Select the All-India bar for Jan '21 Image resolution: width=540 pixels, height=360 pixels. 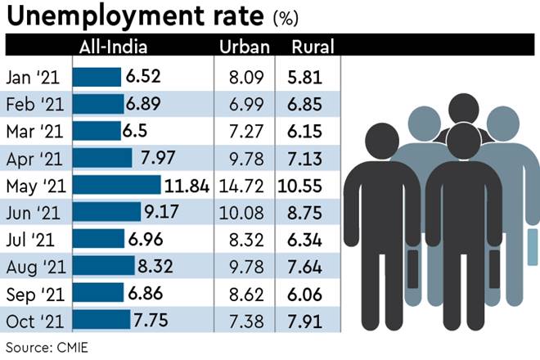click(97, 77)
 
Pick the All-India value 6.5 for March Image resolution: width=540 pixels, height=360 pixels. click(141, 131)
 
